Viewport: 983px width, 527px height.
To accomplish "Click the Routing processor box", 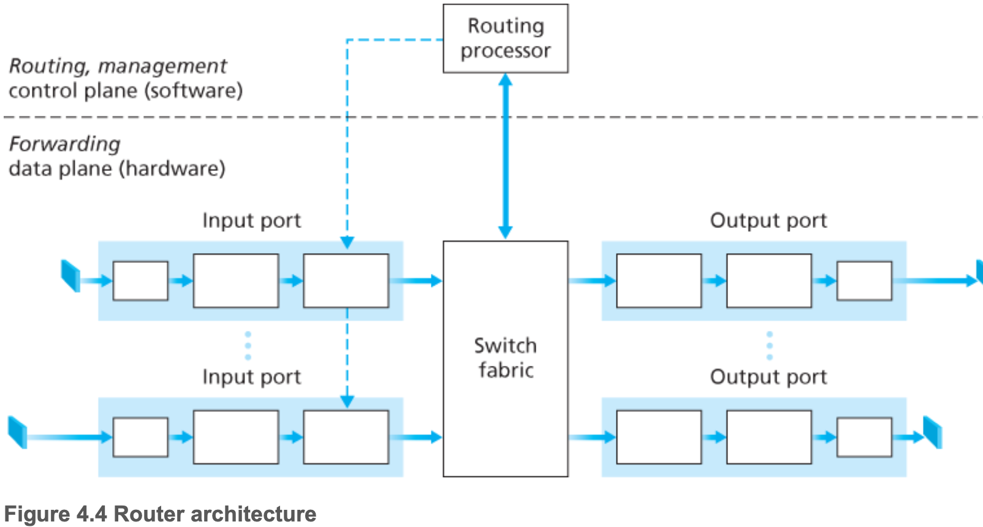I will pyautogui.click(x=506, y=39).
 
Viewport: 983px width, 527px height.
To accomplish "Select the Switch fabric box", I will pyautogui.click(x=506, y=358).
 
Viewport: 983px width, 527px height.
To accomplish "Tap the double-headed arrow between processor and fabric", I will pyautogui.click(x=506, y=156).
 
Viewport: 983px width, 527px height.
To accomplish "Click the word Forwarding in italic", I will pyautogui.click(x=64, y=144).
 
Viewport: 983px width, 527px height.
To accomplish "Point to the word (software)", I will pyautogui.click(x=194, y=91).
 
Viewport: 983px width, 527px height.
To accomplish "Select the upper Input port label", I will pyautogui.click(x=251, y=221).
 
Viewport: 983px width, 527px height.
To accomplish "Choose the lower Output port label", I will pyautogui.click(x=769, y=377).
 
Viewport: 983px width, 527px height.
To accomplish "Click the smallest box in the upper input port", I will pyautogui.click(x=140, y=281).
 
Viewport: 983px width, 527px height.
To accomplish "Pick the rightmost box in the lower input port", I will pyautogui.click(x=346, y=437).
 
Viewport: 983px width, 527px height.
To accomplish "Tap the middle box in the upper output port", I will pyautogui.click(x=769, y=281).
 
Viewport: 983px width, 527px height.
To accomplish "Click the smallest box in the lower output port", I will pyautogui.click(x=864, y=437).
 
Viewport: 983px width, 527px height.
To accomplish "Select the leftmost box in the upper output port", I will pyautogui.click(x=659, y=281).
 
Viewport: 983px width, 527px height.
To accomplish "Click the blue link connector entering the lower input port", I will pyautogui.click(x=17, y=432).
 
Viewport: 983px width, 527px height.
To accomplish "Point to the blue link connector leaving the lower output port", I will pyautogui.click(x=932, y=432).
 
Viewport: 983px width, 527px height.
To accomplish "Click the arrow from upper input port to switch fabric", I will pyautogui.click(x=417, y=281).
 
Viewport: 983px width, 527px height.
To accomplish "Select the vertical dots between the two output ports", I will pyautogui.click(x=770, y=346).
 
